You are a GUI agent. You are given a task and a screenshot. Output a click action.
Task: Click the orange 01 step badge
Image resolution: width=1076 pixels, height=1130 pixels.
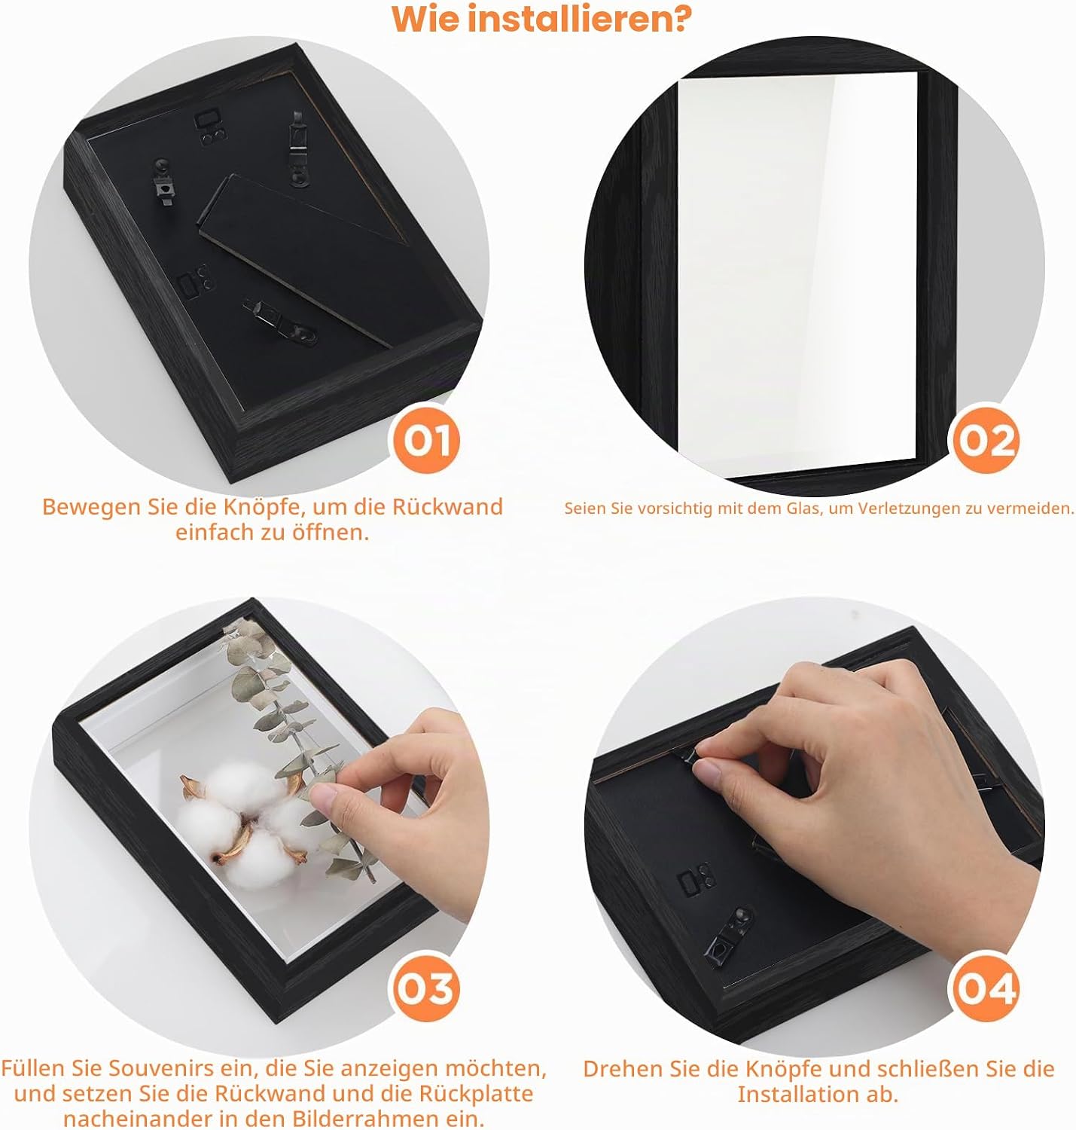tap(425, 440)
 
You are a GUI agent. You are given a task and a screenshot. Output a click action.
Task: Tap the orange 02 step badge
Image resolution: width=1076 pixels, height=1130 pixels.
tap(986, 440)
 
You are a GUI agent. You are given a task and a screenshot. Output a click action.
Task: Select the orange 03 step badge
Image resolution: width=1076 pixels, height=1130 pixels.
tap(425, 988)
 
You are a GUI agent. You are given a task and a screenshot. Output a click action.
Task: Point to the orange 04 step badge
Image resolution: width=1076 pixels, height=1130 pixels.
tap(986, 988)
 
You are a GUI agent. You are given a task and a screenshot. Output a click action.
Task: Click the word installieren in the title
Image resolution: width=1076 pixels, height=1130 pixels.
tap(580, 19)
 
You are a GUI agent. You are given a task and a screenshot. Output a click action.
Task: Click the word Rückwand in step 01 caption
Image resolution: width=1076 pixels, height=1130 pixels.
tap(447, 506)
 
